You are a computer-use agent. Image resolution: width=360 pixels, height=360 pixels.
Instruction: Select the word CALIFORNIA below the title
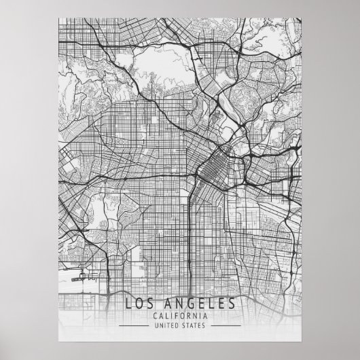tap(180, 315)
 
